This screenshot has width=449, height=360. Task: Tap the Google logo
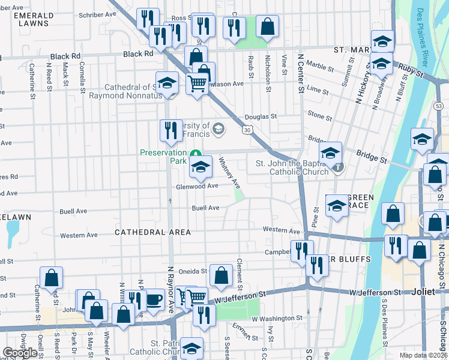coord(20,353)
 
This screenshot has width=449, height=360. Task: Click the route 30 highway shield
coord(248,130)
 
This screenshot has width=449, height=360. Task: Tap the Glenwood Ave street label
coord(197,186)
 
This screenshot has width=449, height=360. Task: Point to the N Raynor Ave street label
coord(170,283)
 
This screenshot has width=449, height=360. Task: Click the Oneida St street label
coord(191,271)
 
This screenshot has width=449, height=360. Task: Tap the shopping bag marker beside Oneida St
coord(221,275)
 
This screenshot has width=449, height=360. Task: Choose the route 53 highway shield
coord(439,106)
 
